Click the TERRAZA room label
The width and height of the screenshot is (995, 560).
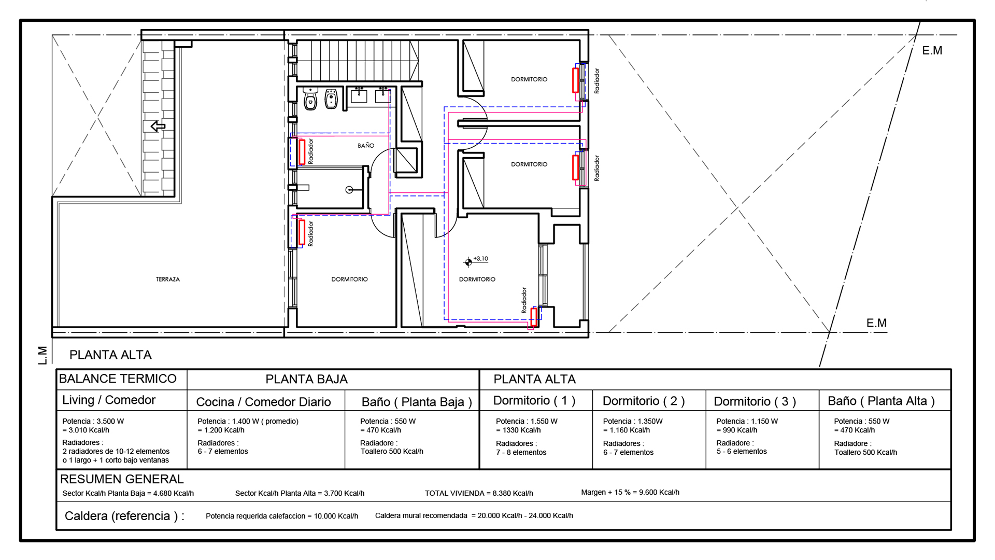coord(168,279)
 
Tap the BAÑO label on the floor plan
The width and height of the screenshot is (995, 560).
coord(366,146)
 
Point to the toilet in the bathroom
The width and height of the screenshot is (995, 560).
coord(310,99)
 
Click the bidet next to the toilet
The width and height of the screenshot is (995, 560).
coord(331,99)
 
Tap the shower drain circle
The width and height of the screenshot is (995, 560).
coord(349,190)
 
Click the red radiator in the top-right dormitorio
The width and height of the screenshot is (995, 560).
coord(575,80)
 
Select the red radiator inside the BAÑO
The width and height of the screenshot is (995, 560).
coord(302,152)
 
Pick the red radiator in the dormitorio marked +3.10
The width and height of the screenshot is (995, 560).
coord(534,317)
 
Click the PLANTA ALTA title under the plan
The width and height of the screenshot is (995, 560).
coord(110,355)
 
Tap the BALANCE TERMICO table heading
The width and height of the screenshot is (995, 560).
coord(118,379)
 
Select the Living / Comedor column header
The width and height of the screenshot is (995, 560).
coord(109,400)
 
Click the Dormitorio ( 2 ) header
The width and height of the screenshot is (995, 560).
coord(644,401)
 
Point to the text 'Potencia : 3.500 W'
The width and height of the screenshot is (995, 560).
coord(93,421)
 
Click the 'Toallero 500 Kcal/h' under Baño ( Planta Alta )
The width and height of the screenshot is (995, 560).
coord(865,452)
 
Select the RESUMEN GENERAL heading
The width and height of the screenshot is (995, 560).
coord(122,479)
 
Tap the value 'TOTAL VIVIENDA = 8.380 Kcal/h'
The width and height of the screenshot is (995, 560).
coord(479,493)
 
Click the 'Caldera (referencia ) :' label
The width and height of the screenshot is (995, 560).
coord(124,516)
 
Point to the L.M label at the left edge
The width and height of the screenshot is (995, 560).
coord(42,355)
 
